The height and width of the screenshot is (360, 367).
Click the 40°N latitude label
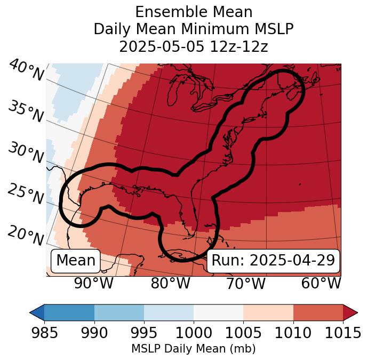(26, 71)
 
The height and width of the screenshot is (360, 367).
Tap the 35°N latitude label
(26, 111)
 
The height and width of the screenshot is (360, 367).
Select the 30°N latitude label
(26, 153)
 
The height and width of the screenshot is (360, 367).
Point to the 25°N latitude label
(26, 194)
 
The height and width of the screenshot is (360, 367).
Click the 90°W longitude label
(94, 283)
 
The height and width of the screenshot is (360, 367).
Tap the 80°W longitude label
(170, 283)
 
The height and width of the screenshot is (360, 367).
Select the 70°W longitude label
(245, 283)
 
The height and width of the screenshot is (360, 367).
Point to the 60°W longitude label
(321, 283)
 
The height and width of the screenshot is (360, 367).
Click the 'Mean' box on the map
(76, 261)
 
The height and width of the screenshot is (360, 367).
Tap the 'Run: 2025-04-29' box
(273, 261)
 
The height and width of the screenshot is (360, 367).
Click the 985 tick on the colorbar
(44, 333)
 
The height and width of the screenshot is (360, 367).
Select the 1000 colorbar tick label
(194, 333)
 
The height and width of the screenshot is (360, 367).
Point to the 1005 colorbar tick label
(243, 333)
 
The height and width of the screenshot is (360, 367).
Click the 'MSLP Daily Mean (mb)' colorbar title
(193, 349)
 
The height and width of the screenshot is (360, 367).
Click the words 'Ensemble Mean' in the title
(194, 12)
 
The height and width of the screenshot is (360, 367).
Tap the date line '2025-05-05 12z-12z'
(194, 47)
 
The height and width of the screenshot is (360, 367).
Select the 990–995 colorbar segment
(119, 312)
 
